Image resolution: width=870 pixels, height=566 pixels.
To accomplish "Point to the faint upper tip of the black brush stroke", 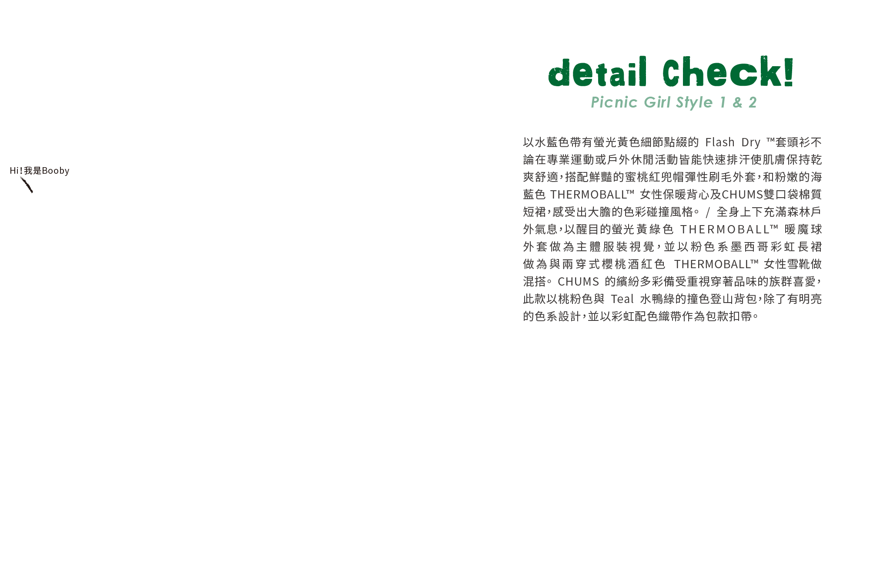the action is pyautogui.click(x=20, y=177).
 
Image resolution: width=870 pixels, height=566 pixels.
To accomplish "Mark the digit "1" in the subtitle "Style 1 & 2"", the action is pyautogui.click(x=723, y=102).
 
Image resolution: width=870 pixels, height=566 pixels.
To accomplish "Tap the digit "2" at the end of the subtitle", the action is pyautogui.click(x=753, y=102).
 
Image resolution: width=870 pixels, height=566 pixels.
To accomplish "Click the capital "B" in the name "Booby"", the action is pyautogui.click(x=45, y=171).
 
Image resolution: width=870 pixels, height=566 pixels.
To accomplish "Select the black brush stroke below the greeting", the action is pyautogui.click(x=27, y=185).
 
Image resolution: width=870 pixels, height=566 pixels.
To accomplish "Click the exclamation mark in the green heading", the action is pyautogui.click(x=789, y=72).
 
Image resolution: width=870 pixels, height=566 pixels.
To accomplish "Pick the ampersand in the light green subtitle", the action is pyautogui.click(x=737, y=102).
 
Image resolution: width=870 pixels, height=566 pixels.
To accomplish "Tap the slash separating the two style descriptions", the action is pyautogui.click(x=708, y=212).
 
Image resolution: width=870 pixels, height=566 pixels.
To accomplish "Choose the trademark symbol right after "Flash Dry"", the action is pyautogui.click(x=770, y=140).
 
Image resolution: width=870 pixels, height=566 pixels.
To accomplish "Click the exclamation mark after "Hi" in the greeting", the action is pyautogui.click(x=21, y=171).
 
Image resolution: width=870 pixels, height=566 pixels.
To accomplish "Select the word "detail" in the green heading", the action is pyautogui.click(x=597, y=72).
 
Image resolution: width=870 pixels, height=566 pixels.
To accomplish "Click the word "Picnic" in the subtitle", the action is pyautogui.click(x=614, y=102).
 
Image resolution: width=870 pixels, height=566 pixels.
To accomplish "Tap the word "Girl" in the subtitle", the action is pyautogui.click(x=657, y=102).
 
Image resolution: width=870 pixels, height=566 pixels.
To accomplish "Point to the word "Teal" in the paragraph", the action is pyautogui.click(x=622, y=299).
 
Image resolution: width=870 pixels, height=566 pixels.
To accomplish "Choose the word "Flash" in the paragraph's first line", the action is pyautogui.click(x=720, y=142).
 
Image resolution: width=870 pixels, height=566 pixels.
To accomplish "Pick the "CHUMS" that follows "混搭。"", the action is pyautogui.click(x=579, y=282).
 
